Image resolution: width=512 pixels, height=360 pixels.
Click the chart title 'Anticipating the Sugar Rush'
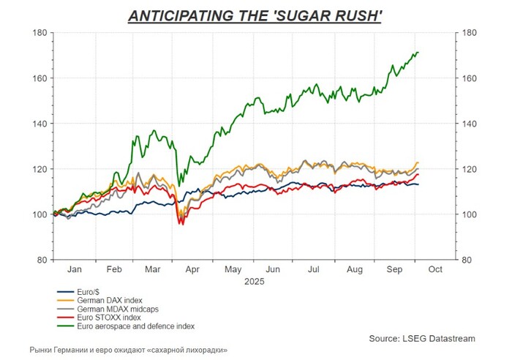(x=255, y=15)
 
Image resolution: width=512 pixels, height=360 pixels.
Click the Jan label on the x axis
(x=74, y=270)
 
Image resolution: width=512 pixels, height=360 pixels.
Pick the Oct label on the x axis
(x=435, y=270)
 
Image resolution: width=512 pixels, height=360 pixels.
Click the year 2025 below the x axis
(x=255, y=281)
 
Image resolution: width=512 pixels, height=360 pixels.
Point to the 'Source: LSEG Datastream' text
(x=422, y=338)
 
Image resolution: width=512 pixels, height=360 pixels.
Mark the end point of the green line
(x=418, y=53)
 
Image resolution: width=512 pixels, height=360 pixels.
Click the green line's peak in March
(x=154, y=131)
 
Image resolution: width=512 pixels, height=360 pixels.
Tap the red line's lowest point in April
(x=181, y=224)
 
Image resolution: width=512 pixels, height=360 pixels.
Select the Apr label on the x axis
(x=193, y=270)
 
